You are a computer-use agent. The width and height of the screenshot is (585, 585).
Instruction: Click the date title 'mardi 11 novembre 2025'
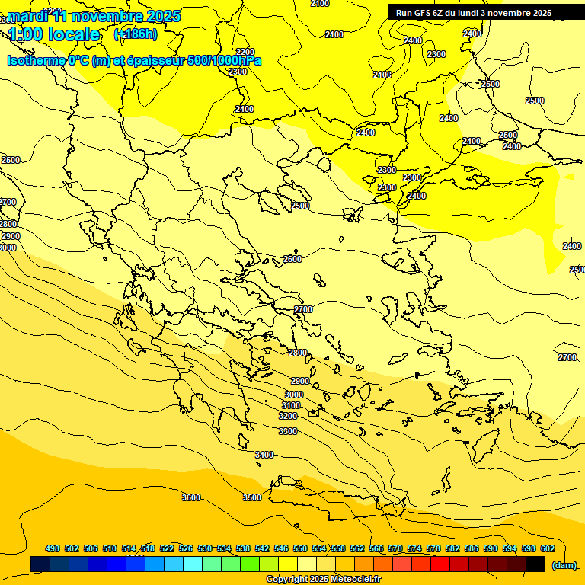(x=94, y=16)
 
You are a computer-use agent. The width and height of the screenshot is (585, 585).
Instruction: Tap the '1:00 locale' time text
(x=54, y=34)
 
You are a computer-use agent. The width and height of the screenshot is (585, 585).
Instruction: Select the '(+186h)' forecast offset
(x=135, y=34)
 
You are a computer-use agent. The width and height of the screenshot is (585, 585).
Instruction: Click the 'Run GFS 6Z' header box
(x=473, y=13)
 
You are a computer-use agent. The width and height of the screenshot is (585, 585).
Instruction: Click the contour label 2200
(x=245, y=52)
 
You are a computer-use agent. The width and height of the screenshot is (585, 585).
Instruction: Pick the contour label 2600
(x=292, y=259)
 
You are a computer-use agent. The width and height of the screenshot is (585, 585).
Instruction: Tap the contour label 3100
(x=291, y=406)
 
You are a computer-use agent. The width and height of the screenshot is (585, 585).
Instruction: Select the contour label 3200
(x=288, y=417)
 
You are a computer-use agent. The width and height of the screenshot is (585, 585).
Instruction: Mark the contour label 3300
(x=288, y=432)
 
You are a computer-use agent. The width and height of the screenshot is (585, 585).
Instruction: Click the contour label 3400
(x=264, y=455)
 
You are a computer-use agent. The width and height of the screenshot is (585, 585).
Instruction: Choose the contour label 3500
(x=252, y=497)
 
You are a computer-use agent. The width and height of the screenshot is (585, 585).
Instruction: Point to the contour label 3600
(x=191, y=497)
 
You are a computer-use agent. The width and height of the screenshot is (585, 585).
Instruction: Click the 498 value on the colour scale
(x=53, y=549)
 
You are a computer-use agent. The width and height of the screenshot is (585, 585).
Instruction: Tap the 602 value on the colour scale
(x=548, y=549)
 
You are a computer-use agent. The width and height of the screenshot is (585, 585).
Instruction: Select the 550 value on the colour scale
(x=300, y=549)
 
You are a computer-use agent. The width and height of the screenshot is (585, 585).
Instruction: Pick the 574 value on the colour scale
(x=414, y=549)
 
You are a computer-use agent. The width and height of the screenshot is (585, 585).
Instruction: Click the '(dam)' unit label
(x=564, y=565)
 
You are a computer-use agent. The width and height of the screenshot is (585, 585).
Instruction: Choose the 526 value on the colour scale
(x=186, y=549)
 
